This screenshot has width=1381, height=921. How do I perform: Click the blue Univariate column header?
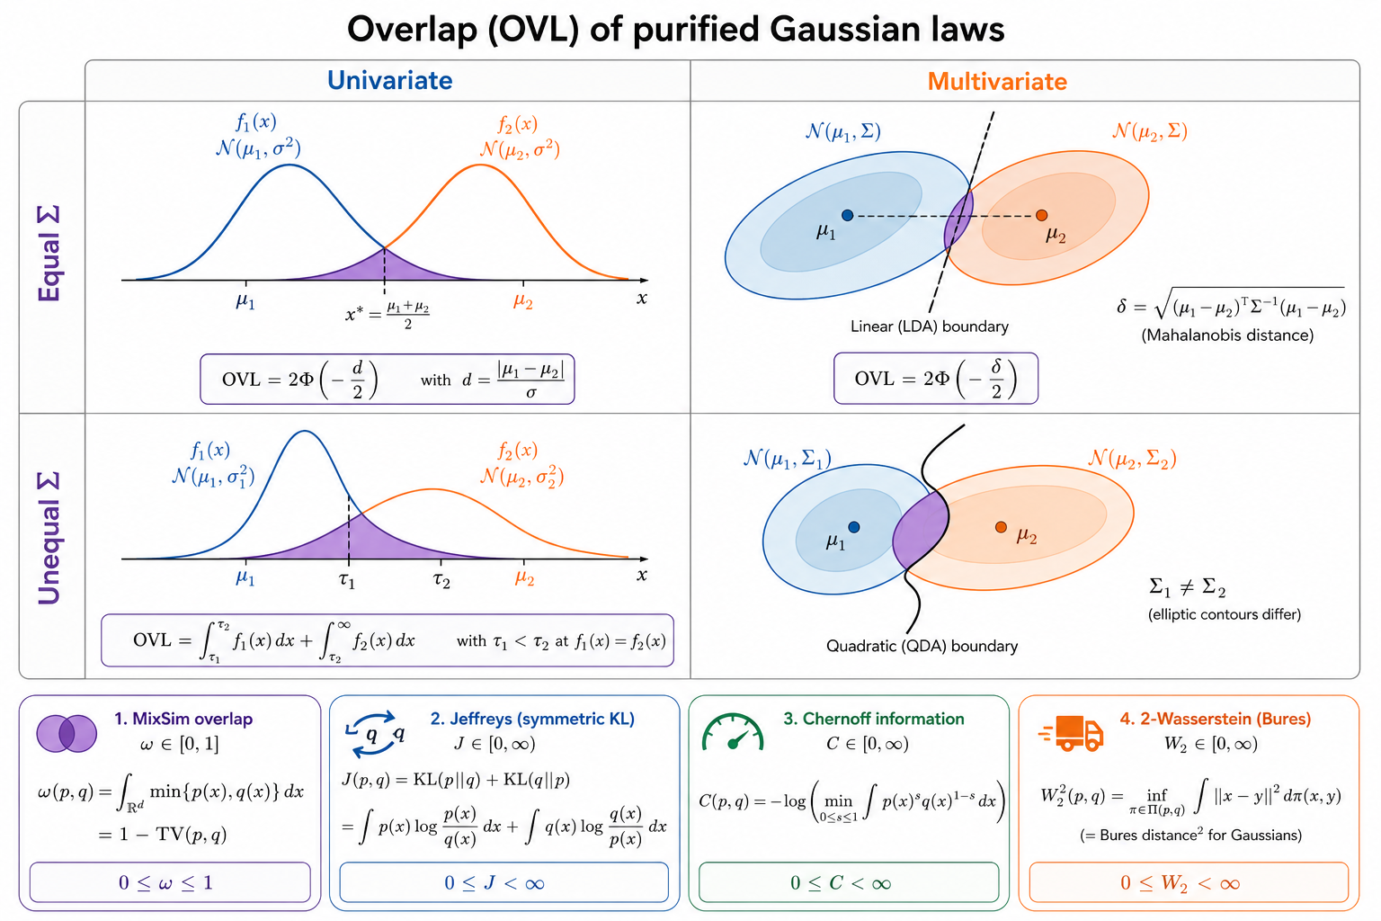389,81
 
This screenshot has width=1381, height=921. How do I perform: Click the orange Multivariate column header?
997,82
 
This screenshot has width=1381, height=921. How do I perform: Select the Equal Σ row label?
49,254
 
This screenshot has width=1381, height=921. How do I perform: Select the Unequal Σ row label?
49,538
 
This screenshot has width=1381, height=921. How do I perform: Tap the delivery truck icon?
1071,733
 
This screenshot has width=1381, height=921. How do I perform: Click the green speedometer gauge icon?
733,732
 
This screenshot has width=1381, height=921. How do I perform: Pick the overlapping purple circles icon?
67,733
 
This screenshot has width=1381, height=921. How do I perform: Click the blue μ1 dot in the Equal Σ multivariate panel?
847,215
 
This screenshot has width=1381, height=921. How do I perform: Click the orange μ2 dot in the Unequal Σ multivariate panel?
1001,527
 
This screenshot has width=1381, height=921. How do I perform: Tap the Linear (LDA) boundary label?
929,326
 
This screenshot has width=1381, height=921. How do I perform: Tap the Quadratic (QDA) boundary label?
922,646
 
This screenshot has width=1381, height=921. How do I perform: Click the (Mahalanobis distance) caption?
1227,335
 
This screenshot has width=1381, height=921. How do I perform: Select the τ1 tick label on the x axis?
347,580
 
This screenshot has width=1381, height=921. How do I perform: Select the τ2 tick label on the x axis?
441,580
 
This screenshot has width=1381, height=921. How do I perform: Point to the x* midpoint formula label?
388,315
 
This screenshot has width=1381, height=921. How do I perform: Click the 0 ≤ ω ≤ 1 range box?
170,882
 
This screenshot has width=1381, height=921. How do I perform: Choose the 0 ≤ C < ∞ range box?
849,882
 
